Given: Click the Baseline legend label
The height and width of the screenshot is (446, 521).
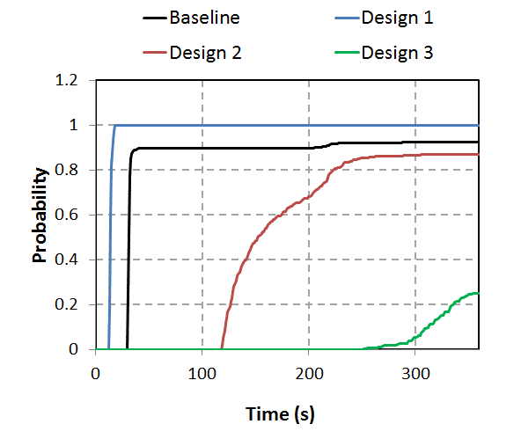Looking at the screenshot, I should (x=204, y=18).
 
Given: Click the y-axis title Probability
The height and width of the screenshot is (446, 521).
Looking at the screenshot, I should (x=40, y=216).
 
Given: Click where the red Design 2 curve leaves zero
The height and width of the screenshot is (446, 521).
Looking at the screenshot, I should (x=221, y=348).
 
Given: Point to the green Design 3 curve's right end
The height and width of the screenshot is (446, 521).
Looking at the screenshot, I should (x=478, y=293).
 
